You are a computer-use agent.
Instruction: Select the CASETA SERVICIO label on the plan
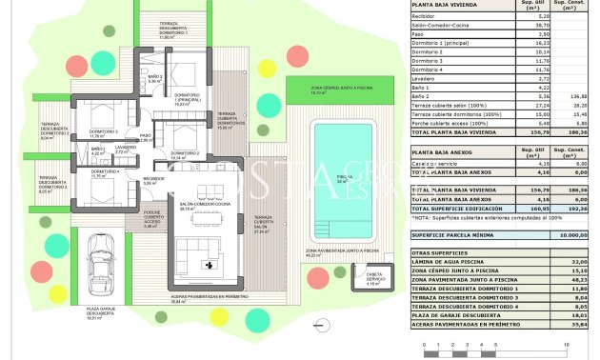pyautogui.click(x=373, y=280)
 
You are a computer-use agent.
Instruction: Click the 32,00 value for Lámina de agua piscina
pyautogui.click(x=576, y=261)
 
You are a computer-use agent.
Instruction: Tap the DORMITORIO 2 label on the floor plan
pyautogui.click(x=185, y=154)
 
